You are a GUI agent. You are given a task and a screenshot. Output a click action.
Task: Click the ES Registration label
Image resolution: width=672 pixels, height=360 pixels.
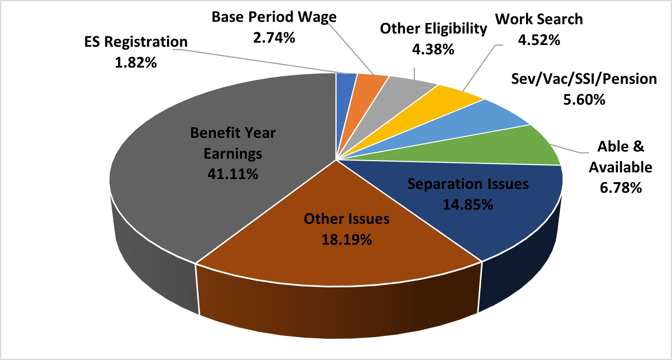click(x=135, y=42)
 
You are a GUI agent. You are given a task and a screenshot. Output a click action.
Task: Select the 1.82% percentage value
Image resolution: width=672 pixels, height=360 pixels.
click(x=135, y=63)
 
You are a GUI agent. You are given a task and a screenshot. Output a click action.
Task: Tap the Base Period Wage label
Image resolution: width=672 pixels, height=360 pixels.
click(x=274, y=17)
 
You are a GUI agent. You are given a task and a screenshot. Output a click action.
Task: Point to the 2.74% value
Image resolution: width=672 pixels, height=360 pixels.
click(x=274, y=38)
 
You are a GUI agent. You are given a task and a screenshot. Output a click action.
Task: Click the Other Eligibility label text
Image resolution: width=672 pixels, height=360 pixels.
click(x=433, y=29)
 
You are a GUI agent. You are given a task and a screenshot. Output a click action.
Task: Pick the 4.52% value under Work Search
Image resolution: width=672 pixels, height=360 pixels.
click(x=539, y=40)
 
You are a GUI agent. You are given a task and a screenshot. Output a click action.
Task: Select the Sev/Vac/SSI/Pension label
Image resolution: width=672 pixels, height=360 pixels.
click(x=584, y=79)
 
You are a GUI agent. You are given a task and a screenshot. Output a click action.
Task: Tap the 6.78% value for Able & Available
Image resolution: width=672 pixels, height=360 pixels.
click(x=620, y=188)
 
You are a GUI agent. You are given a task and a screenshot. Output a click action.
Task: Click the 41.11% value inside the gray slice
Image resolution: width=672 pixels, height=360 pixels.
click(x=233, y=174)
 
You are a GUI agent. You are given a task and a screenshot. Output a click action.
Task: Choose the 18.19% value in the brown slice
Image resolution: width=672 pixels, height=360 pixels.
click(x=346, y=240)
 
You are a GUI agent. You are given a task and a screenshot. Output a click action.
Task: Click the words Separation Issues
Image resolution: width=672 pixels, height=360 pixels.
click(x=468, y=184)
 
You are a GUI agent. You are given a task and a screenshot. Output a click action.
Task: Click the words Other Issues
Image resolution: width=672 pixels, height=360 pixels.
click(x=346, y=219)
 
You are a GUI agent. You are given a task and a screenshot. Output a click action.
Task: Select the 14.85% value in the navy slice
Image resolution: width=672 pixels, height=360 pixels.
click(x=468, y=204)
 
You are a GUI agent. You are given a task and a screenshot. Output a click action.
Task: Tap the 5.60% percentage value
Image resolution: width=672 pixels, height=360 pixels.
click(x=584, y=100)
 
